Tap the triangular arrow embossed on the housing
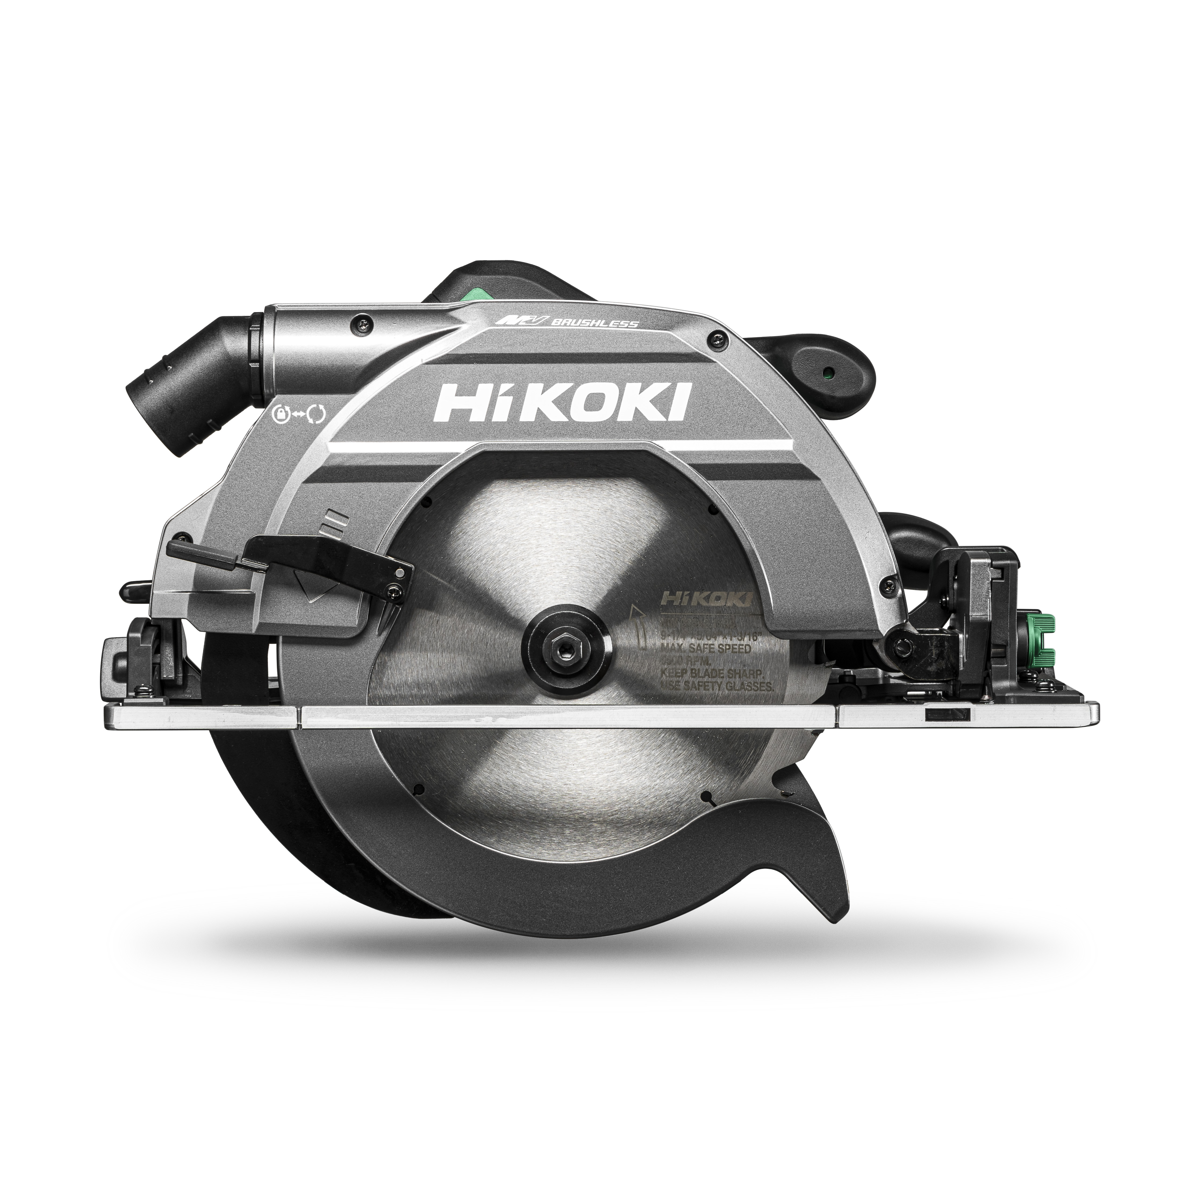tap(315, 587)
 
